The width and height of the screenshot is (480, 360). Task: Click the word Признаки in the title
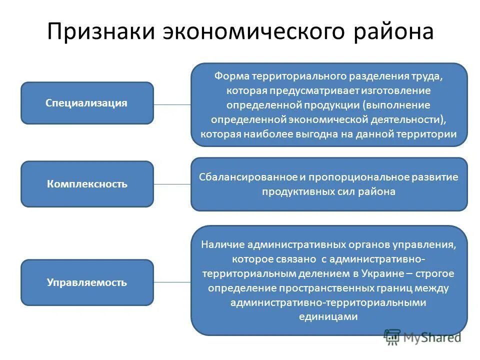click(x=100, y=31)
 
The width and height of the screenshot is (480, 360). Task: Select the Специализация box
click(x=87, y=103)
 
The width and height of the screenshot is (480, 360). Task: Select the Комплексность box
click(x=87, y=184)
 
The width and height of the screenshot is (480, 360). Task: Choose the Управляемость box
click(x=87, y=282)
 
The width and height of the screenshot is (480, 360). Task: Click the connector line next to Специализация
click(x=172, y=104)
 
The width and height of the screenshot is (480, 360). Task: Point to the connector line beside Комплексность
click(x=172, y=184)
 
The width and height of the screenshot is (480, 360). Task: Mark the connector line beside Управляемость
click(x=172, y=282)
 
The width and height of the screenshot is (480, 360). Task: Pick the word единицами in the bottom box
click(x=329, y=316)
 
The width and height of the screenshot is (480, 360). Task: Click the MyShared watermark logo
click(x=422, y=337)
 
